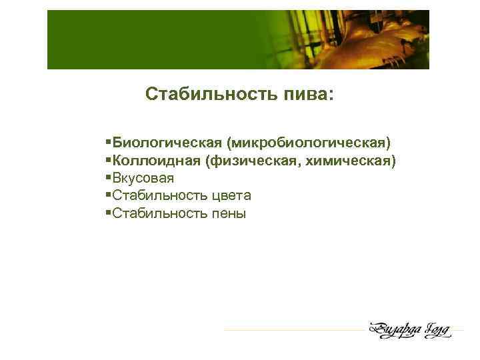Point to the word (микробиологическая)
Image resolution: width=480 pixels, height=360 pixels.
(309, 143)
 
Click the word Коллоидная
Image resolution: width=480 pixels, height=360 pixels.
(157, 161)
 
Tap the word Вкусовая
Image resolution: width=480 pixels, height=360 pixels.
(143, 179)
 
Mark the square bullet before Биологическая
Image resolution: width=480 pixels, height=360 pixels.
(109, 143)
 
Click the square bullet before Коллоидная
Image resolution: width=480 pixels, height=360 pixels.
(109, 161)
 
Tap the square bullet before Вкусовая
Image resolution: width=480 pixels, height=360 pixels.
(109, 179)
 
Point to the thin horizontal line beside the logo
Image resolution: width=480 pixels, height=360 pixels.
(293, 329)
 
